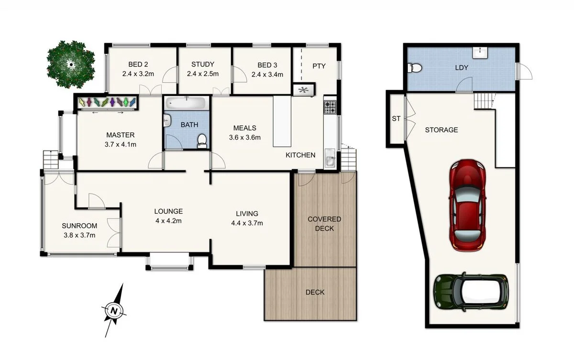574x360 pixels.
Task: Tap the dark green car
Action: click(470, 292)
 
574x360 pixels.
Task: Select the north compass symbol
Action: click(114, 310)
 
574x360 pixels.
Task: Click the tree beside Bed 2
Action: click(71, 62)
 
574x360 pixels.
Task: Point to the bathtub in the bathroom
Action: click(186, 103)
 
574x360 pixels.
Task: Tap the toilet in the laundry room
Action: click(413, 68)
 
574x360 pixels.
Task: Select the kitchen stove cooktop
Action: click(330, 108)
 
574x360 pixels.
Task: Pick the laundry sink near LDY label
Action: click(480, 52)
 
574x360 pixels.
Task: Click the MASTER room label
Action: click(120, 135)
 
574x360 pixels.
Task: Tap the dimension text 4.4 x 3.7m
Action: click(247, 222)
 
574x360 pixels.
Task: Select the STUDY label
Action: click(203, 65)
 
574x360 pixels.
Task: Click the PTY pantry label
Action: click(319, 66)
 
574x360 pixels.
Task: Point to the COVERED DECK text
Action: click(324, 223)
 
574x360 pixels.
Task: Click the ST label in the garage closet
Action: click(396, 119)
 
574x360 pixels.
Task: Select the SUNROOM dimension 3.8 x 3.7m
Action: click(79, 235)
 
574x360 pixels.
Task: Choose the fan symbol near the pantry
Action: click(303, 90)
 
